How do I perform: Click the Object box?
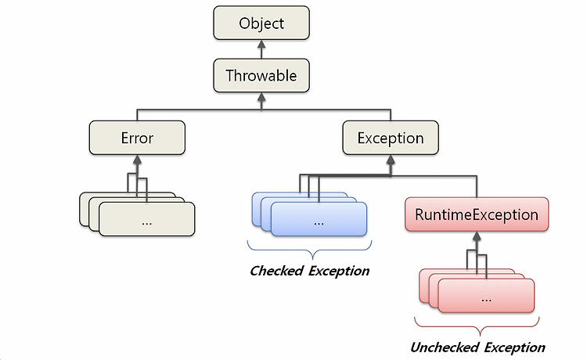(261, 23)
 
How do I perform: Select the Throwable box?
(261, 75)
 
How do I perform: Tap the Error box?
(137, 138)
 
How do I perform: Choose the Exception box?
(391, 138)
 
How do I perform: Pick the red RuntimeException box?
(477, 214)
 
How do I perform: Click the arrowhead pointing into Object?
(261, 44)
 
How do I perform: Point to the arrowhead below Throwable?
(261, 97)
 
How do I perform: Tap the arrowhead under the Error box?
(137, 160)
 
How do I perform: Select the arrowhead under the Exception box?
(391, 160)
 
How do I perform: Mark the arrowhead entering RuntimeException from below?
(477, 236)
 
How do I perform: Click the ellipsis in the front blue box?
(319, 224)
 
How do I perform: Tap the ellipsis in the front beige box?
(147, 224)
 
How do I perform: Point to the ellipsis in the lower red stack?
(486, 301)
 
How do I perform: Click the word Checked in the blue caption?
(276, 271)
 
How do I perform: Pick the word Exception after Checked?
(339, 271)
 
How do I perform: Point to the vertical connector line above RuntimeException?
(477, 186)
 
